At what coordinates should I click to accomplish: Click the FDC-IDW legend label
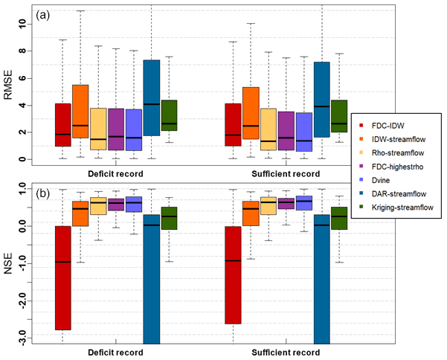click(x=394, y=126)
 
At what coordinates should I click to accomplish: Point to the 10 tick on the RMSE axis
click(x=23, y=24)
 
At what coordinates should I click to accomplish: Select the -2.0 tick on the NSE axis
click(x=23, y=302)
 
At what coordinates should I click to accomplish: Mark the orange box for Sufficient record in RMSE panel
click(x=251, y=113)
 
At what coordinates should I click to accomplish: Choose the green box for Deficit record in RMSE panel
click(x=170, y=115)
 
